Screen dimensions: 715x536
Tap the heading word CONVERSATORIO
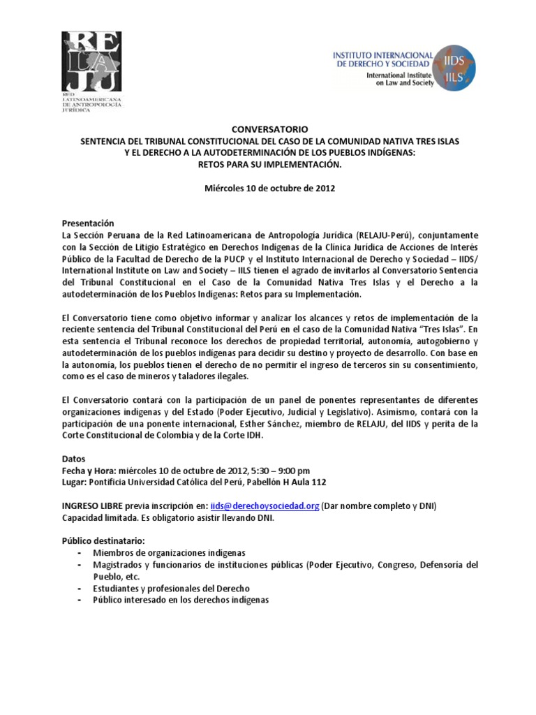(x=269, y=130)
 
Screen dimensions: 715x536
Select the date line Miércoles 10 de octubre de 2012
(x=269, y=189)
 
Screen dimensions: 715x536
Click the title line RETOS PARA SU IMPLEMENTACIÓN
(x=269, y=165)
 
